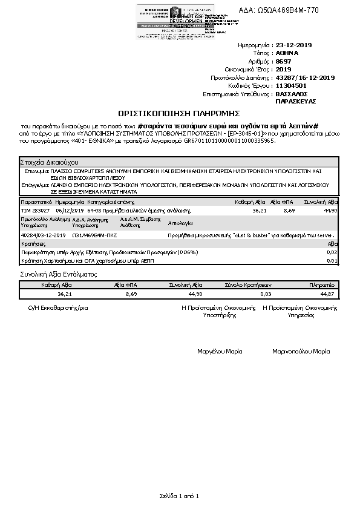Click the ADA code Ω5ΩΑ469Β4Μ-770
[296, 10]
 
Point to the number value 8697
[283, 62]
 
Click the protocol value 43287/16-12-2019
[304, 78]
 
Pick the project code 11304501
[290, 86]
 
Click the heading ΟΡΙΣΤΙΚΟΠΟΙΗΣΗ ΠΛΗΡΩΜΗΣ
[180, 113]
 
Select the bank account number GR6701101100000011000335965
[229, 140]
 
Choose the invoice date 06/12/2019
[69, 210]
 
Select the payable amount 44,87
[327, 294]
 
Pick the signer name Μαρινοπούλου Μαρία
[301, 351]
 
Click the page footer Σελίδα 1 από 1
[179, 496]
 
